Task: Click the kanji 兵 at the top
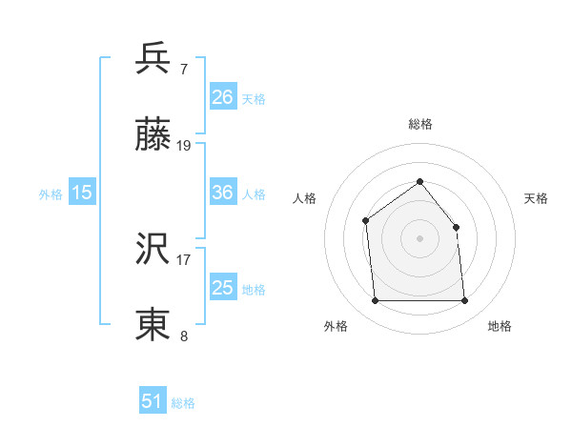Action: click(x=153, y=59)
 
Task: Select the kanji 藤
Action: click(x=153, y=135)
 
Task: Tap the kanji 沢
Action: click(x=153, y=248)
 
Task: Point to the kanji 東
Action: click(x=153, y=324)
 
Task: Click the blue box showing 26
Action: click(x=223, y=97)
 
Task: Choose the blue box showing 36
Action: click(x=223, y=193)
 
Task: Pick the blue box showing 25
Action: click(x=223, y=288)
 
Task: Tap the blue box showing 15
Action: click(x=82, y=193)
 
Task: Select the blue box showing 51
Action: click(x=153, y=401)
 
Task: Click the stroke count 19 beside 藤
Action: click(x=185, y=146)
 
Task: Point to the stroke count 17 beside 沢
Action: click(x=184, y=258)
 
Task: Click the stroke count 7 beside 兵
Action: click(x=184, y=70)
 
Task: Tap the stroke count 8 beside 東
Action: click(x=184, y=336)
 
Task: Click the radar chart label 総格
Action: click(x=419, y=124)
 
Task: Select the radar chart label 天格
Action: click(x=536, y=198)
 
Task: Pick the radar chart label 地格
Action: click(x=500, y=326)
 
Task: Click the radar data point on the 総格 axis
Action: click(x=419, y=181)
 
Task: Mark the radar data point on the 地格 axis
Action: click(x=465, y=301)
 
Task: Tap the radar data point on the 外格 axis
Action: click(x=375, y=301)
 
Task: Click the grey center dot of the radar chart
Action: click(x=419, y=238)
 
